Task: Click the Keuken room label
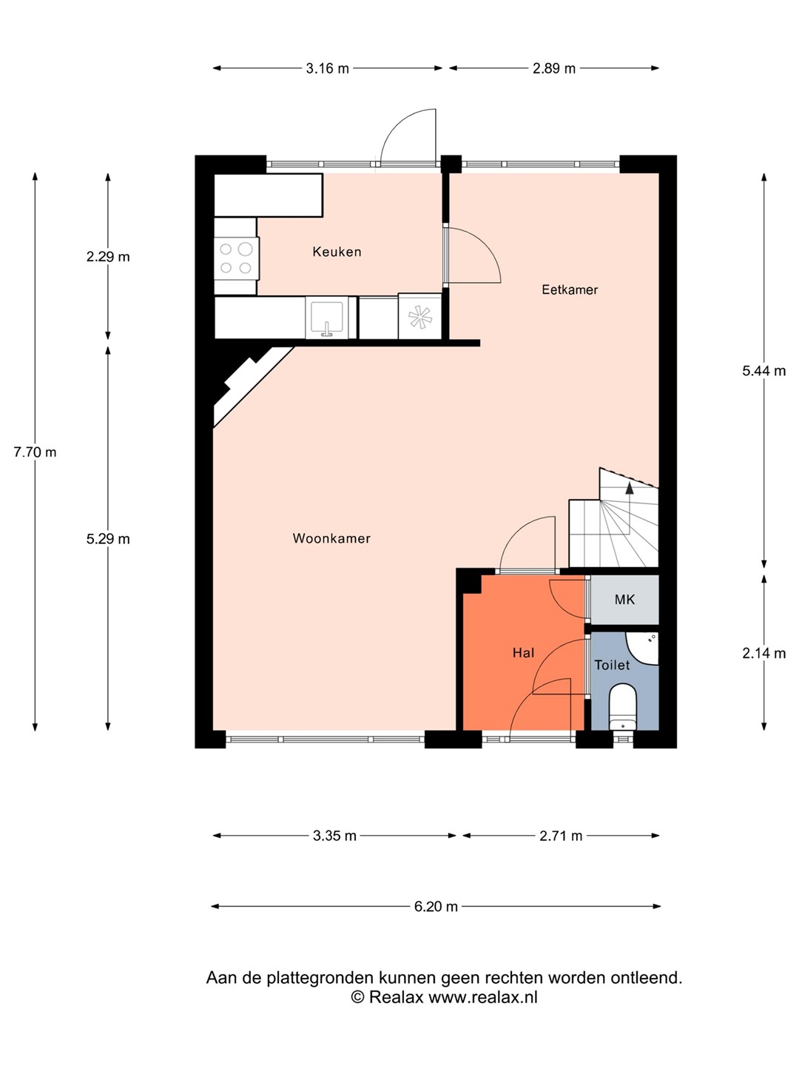pyautogui.click(x=337, y=252)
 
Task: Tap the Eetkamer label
pyautogui.click(x=570, y=289)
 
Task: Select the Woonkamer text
pyautogui.click(x=331, y=538)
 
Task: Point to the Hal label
pyautogui.click(x=524, y=653)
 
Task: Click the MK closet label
pyautogui.click(x=624, y=600)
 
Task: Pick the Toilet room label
pyautogui.click(x=613, y=665)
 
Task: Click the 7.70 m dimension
pyautogui.click(x=35, y=452)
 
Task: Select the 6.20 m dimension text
pyautogui.click(x=436, y=907)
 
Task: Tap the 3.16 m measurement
pyautogui.click(x=328, y=69)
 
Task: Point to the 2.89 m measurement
pyautogui.click(x=554, y=69)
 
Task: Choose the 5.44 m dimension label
pyautogui.click(x=763, y=371)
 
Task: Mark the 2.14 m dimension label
pyautogui.click(x=763, y=653)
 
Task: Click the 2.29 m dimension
pyautogui.click(x=108, y=256)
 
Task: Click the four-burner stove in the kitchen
pyautogui.click(x=236, y=258)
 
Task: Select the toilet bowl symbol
pyautogui.click(x=622, y=707)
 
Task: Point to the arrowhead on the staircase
pyautogui.click(x=629, y=488)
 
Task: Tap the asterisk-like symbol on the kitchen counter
pyautogui.click(x=419, y=318)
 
